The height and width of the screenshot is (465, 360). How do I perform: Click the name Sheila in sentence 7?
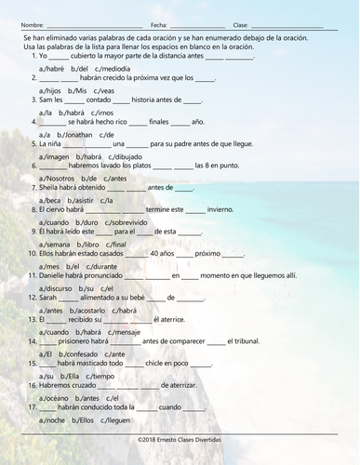point(52,187)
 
